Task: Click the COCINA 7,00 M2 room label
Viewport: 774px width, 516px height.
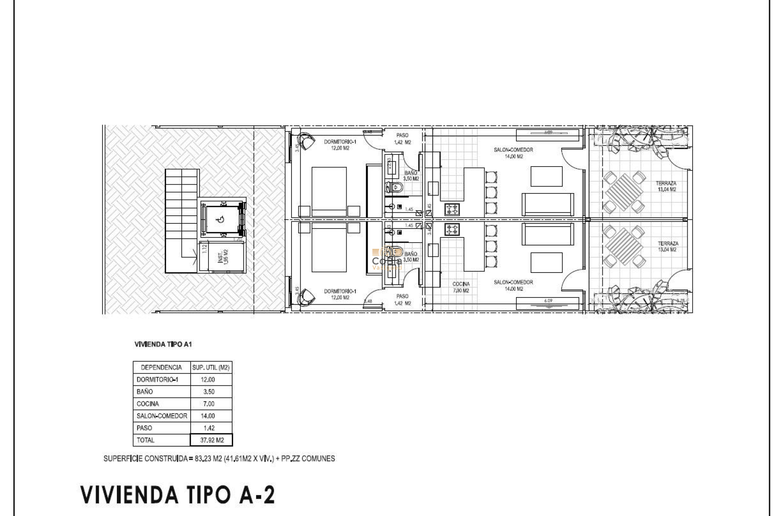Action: point(461,287)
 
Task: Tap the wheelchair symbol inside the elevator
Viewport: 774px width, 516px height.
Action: point(220,220)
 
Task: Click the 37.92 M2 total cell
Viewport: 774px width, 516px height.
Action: point(212,440)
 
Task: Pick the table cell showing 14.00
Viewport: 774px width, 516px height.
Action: point(208,416)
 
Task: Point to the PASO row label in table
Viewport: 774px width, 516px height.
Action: point(145,428)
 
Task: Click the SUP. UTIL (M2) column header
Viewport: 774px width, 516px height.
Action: point(211,367)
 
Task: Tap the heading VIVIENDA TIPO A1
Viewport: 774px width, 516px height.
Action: point(163,344)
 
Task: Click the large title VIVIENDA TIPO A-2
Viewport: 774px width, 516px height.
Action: point(178,495)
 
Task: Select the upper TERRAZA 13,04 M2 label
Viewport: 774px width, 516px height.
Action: point(666,186)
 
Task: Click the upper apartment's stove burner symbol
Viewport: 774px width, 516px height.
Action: point(452,209)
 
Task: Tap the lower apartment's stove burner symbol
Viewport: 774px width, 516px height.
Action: point(452,229)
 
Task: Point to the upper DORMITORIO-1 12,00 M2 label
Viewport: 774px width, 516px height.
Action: point(340,145)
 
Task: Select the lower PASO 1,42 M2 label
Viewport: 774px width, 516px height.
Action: point(402,300)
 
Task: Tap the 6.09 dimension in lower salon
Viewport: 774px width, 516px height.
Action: point(548,300)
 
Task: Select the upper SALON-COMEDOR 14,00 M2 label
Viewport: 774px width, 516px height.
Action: point(513,153)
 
